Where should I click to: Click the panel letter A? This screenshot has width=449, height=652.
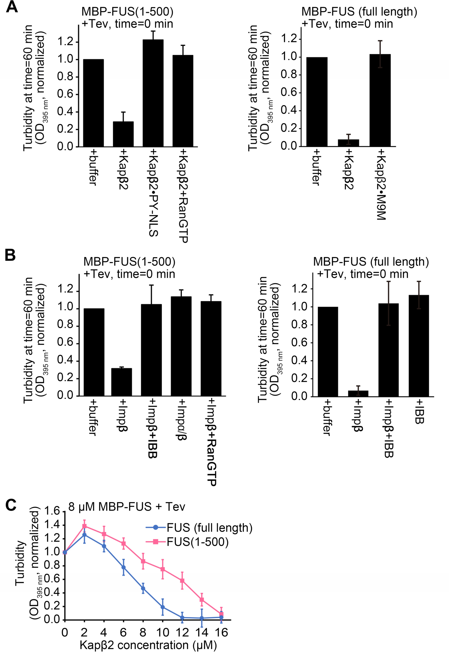[x=12, y=7]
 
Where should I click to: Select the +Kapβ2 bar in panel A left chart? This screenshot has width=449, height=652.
[x=123, y=134]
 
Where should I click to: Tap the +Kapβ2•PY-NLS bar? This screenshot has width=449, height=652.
[x=153, y=93]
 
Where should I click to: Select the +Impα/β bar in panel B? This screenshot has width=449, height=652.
[x=181, y=346]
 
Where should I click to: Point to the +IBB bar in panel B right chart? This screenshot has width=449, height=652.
[x=419, y=346]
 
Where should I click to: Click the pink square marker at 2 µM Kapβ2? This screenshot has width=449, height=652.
[x=84, y=526]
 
